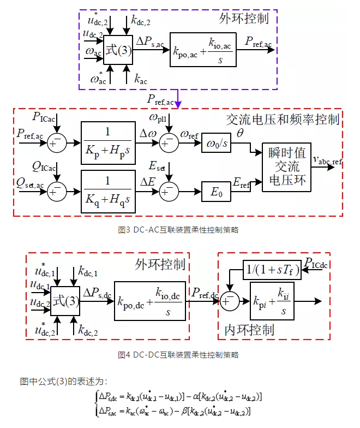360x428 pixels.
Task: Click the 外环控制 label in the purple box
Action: (x=244, y=19)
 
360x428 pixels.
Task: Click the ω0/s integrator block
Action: (x=217, y=143)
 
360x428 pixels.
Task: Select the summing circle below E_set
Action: (x=169, y=191)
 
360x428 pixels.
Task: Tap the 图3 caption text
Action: (x=178, y=230)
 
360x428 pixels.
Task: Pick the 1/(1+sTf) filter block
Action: (x=272, y=269)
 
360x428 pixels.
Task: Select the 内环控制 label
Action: (x=250, y=329)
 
